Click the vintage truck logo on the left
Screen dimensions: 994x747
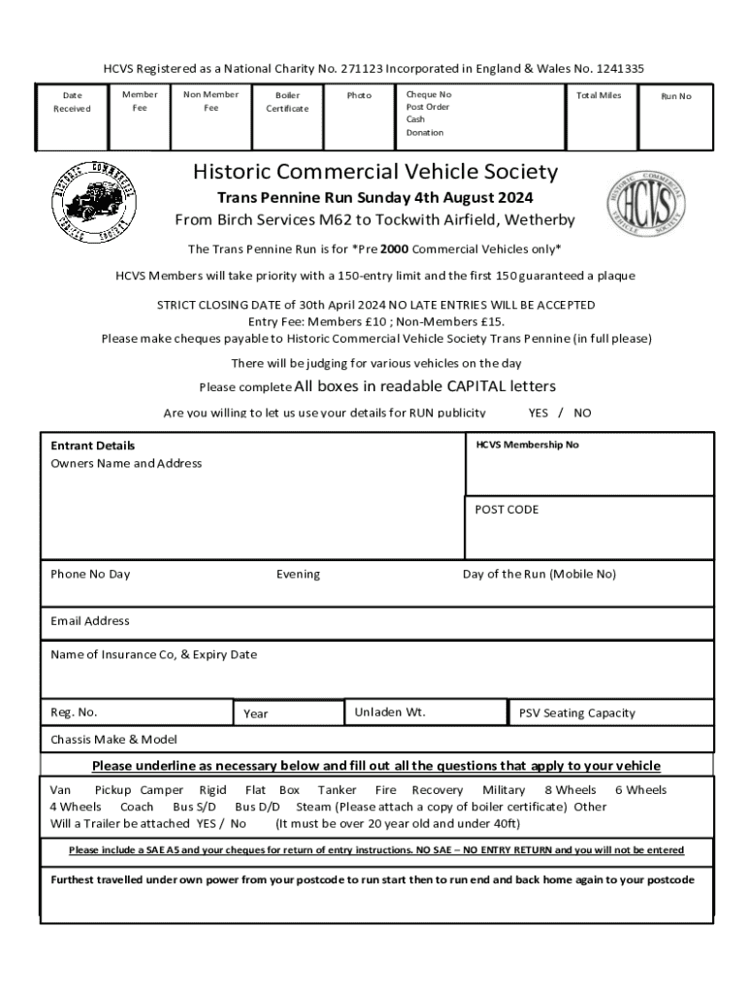pyautogui.click(x=93, y=203)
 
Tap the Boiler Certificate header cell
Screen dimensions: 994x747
pyautogui.click(x=287, y=102)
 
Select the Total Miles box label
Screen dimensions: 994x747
pyautogui.click(x=599, y=95)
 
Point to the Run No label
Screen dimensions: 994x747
pyautogui.click(x=676, y=96)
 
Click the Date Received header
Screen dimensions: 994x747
pyautogui.click(x=72, y=102)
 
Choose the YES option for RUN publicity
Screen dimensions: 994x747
pyautogui.click(x=538, y=413)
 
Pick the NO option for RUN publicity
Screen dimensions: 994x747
pyautogui.click(x=582, y=413)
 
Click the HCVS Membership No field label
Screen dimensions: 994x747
pyautogui.click(x=527, y=445)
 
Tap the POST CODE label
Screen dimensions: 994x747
pyautogui.click(x=506, y=510)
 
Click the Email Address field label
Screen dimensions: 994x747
pyautogui.click(x=89, y=621)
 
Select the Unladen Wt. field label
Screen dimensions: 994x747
pyautogui.click(x=390, y=712)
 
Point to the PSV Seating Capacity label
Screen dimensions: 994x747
pyautogui.click(x=577, y=713)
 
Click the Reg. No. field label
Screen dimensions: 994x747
pyautogui.click(x=74, y=712)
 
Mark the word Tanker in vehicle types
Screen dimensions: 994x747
pyautogui.click(x=337, y=790)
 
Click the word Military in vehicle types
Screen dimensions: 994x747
pyautogui.click(x=503, y=790)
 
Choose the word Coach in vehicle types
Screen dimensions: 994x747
pyautogui.click(x=137, y=807)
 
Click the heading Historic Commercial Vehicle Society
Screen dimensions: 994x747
pyautogui.click(x=375, y=173)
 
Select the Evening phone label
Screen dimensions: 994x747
pyautogui.click(x=298, y=575)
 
